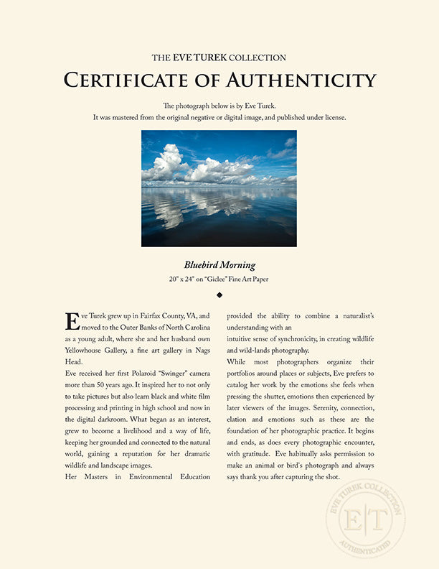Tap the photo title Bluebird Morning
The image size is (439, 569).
click(219, 265)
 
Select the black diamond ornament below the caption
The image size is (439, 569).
click(219, 295)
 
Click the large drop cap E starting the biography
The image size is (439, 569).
click(71, 320)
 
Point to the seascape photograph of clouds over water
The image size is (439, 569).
click(219, 188)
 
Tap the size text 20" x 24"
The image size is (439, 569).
click(194, 279)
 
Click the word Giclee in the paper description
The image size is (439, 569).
click(236, 279)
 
